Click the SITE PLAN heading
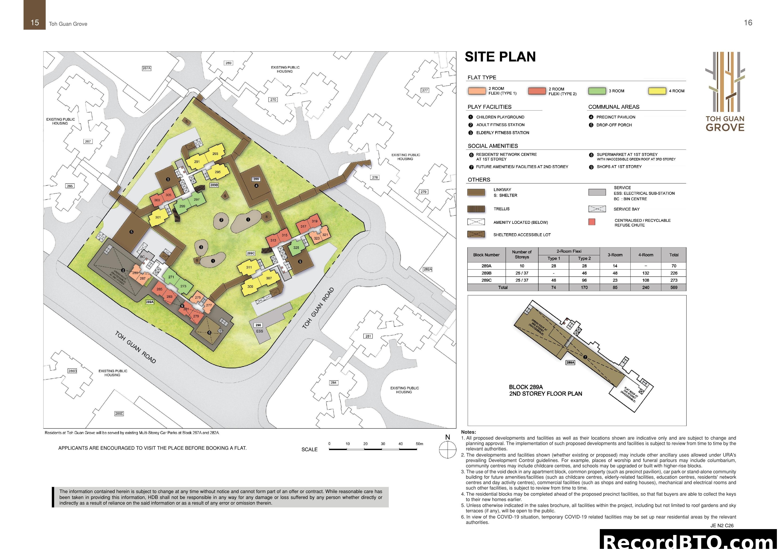(x=500, y=57)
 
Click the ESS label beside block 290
(x=260, y=331)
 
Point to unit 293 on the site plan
(x=215, y=154)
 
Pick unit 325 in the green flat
(x=296, y=248)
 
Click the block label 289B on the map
(x=214, y=185)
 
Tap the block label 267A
(x=146, y=68)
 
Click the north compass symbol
(x=447, y=450)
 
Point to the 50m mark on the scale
(x=419, y=444)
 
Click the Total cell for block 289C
(x=674, y=280)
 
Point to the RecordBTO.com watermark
(x=689, y=542)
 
